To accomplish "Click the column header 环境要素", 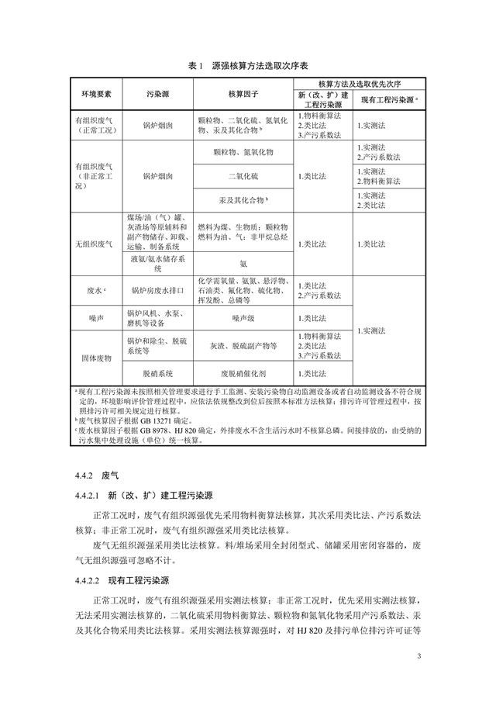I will (x=96, y=94).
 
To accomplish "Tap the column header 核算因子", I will (x=243, y=94).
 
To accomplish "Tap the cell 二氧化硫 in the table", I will (x=243, y=176).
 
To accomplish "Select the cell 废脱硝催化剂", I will (x=243, y=372).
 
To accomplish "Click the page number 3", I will (x=418, y=658).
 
